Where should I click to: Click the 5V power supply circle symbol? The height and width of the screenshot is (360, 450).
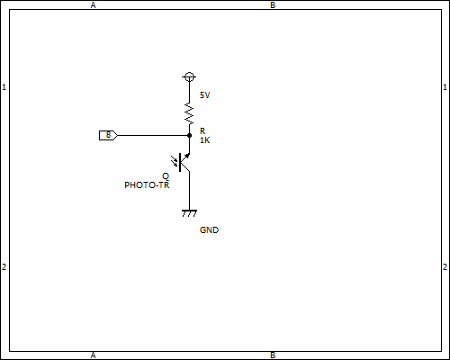click(x=189, y=77)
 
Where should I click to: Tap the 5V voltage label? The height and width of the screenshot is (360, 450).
click(x=205, y=95)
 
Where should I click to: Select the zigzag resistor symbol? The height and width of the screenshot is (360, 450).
click(x=189, y=113)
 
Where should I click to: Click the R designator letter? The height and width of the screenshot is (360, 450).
click(x=202, y=131)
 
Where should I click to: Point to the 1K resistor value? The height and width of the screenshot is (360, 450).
click(x=205, y=140)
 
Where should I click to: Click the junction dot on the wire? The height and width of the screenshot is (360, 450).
click(x=189, y=136)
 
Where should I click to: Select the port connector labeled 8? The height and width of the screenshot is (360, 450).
click(x=108, y=135)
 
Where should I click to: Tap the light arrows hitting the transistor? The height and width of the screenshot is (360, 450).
click(x=174, y=161)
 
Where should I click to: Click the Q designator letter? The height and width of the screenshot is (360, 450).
click(x=166, y=176)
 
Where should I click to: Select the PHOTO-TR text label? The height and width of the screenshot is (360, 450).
click(x=147, y=185)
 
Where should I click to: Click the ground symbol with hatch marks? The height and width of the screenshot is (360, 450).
click(x=189, y=213)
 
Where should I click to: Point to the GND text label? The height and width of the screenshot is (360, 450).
click(x=209, y=230)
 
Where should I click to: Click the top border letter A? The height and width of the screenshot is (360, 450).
click(x=93, y=5)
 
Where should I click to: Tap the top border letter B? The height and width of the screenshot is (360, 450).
click(x=273, y=5)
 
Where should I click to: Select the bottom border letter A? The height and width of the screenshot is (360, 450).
click(x=93, y=355)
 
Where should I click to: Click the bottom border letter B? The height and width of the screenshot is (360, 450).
click(x=273, y=355)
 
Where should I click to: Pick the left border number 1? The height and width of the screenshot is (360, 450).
click(x=4, y=87)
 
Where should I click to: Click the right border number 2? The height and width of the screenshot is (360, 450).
click(x=445, y=266)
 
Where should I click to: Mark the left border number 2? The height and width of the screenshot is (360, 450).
click(x=4, y=266)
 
